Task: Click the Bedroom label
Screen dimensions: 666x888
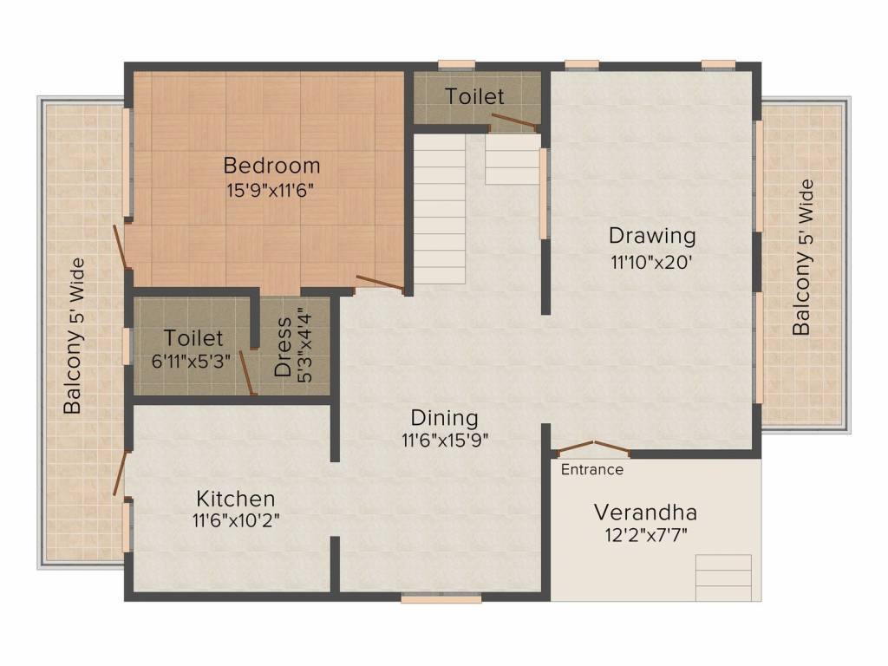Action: [x=271, y=165]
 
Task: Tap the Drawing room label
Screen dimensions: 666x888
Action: [x=652, y=235]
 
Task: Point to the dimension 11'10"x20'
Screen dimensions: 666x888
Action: [x=652, y=262]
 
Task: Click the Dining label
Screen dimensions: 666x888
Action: [x=444, y=416]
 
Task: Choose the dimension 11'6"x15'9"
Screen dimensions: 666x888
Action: [x=444, y=440]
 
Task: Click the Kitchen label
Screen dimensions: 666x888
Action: [x=236, y=499]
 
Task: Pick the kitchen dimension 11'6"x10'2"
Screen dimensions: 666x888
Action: [x=236, y=521]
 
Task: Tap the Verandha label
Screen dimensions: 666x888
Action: [x=645, y=511]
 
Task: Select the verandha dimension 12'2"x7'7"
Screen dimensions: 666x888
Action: [x=645, y=534]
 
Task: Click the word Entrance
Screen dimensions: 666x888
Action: [x=591, y=470]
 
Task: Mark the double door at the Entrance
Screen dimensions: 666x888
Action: [x=592, y=448]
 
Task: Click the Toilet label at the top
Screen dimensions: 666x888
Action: [x=474, y=95]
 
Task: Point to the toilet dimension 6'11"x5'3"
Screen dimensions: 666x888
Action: [x=194, y=362]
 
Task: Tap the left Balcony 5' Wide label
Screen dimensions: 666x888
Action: [x=73, y=336]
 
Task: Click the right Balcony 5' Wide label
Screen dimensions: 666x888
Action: [x=802, y=258]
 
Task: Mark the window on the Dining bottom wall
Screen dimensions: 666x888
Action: [x=441, y=597]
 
